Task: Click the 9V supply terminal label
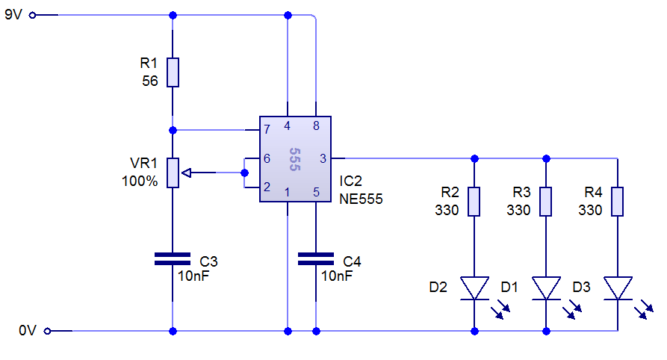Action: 13,14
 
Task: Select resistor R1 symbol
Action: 173,72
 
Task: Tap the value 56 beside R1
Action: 149,81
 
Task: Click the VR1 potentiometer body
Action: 173,173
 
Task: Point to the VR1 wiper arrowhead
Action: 187,173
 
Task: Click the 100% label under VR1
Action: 140,181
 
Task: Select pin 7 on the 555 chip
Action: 267,130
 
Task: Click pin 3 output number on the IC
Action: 323,158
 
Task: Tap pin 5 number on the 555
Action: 316,193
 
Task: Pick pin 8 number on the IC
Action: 316,125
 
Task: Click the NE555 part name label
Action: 361,199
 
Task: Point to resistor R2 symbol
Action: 474,202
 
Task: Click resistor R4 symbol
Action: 618,202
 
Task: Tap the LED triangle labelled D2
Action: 474,288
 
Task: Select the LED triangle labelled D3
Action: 618,288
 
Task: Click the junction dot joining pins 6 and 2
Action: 245,173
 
